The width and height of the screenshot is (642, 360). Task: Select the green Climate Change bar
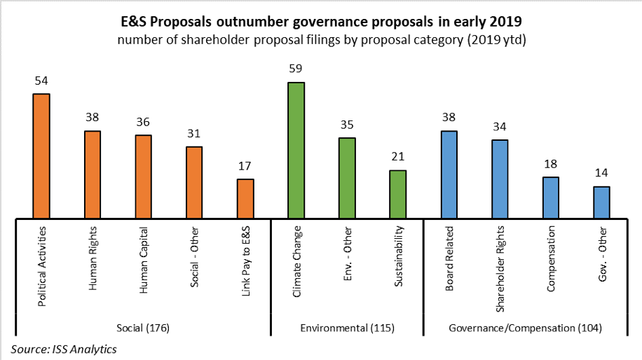296,151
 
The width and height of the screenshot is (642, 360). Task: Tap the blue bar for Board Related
449,175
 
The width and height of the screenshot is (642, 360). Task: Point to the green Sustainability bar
397,195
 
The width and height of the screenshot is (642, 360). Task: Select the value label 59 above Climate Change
296,69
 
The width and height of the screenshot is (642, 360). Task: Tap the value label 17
245,166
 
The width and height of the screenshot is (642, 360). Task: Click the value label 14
601,173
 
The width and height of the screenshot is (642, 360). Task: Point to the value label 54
41,81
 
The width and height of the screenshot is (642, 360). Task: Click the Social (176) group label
143,327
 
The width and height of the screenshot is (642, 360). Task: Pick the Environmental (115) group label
347,327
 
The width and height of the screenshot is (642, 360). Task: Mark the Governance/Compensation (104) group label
526,327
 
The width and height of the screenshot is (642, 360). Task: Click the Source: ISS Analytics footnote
64,349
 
